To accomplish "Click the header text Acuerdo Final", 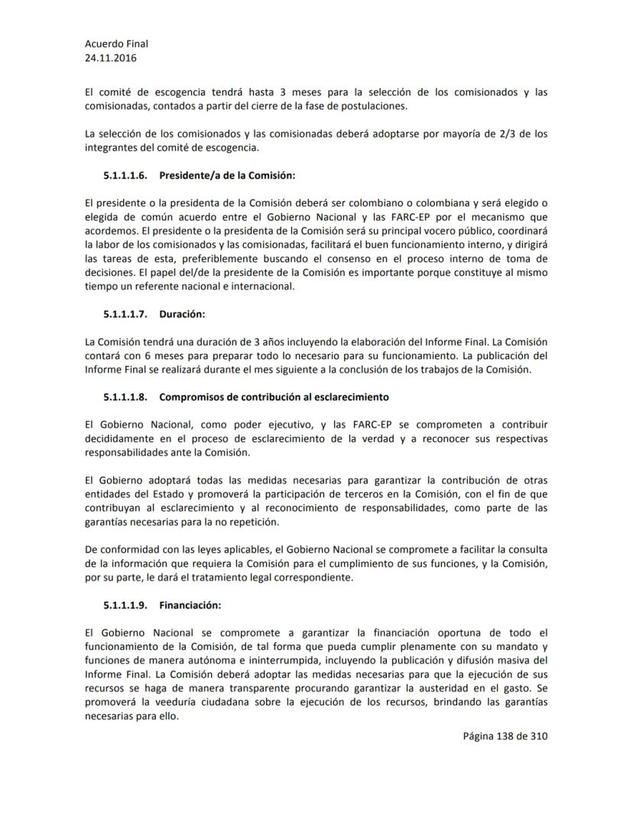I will [x=116, y=44].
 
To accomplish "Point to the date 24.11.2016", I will [x=112, y=57].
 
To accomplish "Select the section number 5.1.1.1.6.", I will [x=126, y=175].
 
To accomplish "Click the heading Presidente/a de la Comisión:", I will [x=227, y=175].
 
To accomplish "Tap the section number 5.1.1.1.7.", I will [x=126, y=314].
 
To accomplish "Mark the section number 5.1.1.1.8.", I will [x=126, y=397].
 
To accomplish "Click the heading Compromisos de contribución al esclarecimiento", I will [x=274, y=397].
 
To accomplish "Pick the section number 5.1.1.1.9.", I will [x=126, y=606].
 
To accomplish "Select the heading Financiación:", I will [x=190, y=606].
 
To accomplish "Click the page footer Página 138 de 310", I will [x=505, y=736].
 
